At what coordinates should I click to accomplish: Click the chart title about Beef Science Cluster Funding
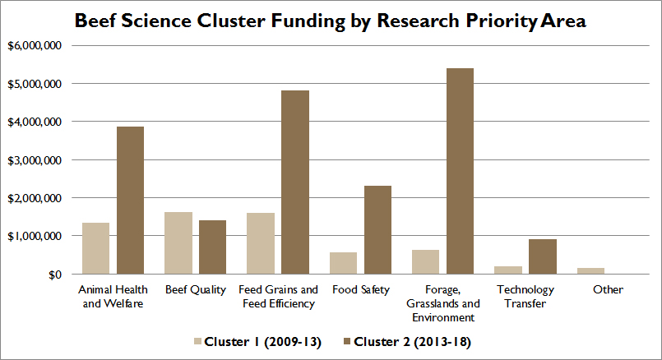click(x=330, y=21)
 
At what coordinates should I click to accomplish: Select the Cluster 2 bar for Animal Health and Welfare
click(x=131, y=201)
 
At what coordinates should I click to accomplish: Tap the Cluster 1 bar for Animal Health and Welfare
click(x=96, y=248)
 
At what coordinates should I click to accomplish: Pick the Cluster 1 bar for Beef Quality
click(x=178, y=243)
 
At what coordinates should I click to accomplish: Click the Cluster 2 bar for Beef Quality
click(x=212, y=247)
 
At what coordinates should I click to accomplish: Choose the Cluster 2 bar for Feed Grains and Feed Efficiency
click(x=295, y=182)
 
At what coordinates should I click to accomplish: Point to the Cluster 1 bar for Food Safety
click(x=343, y=263)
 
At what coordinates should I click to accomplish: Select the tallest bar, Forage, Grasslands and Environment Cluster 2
click(x=461, y=171)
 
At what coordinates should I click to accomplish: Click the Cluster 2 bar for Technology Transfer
click(x=543, y=256)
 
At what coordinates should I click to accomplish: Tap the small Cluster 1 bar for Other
click(x=590, y=271)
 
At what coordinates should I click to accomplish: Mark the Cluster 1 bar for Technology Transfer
click(x=508, y=270)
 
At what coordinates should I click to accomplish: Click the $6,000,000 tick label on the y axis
click(x=35, y=45)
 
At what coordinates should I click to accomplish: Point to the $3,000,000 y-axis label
click(x=35, y=160)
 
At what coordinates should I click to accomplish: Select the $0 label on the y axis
click(x=55, y=275)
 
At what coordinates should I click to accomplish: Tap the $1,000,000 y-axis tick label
click(x=35, y=237)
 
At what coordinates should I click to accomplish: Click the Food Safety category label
click(x=361, y=290)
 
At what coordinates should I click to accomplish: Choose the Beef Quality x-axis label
click(x=196, y=290)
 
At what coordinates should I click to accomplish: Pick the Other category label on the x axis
click(x=608, y=289)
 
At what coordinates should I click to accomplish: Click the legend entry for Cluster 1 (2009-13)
click(x=257, y=342)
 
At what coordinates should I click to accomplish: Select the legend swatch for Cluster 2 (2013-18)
click(x=347, y=341)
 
